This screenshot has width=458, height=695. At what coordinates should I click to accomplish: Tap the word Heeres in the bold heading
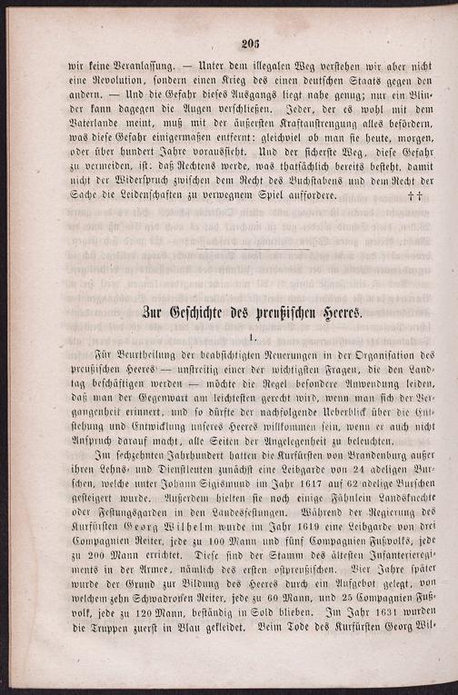[334, 312]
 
